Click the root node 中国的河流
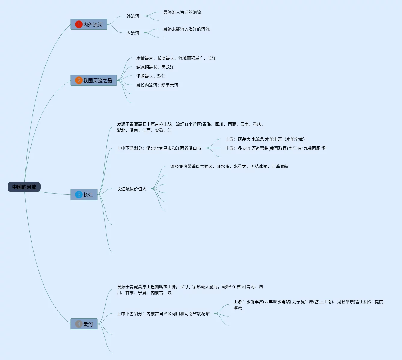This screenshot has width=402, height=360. tap(24, 187)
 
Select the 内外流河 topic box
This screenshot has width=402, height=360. tap(89, 25)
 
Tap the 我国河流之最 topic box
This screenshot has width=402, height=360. tap(94, 81)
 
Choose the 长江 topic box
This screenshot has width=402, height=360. tap(84, 195)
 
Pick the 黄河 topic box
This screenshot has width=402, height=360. tap(84, 324)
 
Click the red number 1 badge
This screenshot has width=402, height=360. tap(79, 24)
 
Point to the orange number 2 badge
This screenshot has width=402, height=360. tap(79, 80)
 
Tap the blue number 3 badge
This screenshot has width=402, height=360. tap(79, 195)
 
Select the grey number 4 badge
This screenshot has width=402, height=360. tap(79, 324)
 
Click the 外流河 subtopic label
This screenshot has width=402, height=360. tap(133, 16)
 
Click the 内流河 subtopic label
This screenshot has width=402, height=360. tap(133, 33)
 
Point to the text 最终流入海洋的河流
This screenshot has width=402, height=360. tap(182, 12)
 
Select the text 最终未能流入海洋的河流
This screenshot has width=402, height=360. tap(186, 29)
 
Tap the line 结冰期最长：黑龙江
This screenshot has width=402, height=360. tap(155, 67)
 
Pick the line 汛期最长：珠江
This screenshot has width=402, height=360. tap(151, 76)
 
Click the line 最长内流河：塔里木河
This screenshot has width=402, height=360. tap(157, 85)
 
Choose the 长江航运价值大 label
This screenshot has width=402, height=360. tap(132, 189)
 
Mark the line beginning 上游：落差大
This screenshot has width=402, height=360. tap(265, 139)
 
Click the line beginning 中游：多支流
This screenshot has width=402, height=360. tap(276, 148)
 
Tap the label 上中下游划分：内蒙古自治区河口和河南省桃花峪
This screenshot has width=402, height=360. tap(163, 314)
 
